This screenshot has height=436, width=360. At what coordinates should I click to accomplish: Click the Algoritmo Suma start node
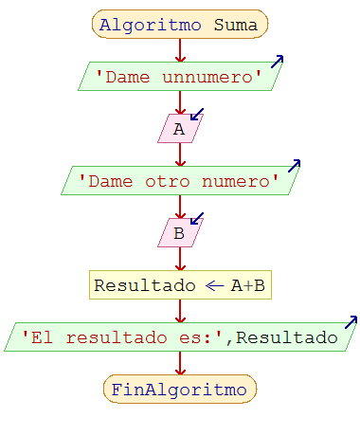[179, 25]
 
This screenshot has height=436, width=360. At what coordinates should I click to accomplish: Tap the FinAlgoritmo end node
[179, 389]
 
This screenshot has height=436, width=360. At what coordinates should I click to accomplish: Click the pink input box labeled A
[179, 129]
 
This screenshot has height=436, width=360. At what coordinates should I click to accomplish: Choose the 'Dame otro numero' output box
[179, 180]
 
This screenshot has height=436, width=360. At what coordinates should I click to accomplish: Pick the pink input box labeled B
[179, 232]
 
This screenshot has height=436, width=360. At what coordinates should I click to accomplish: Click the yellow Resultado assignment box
[179, 284]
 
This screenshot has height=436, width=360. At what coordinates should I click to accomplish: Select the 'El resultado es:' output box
[179, 336]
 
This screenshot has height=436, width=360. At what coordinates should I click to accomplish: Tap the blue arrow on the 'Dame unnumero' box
[277, 61]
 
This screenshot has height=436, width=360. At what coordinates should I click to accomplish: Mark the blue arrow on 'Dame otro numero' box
[294, 165]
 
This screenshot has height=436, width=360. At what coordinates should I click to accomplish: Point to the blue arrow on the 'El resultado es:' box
[351, 321]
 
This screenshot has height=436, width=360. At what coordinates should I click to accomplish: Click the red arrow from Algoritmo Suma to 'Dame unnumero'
[179, 50]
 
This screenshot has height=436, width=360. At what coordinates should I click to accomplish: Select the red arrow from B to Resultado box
[179, 258]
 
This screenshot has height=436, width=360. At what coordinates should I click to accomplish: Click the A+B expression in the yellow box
[249, 284]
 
